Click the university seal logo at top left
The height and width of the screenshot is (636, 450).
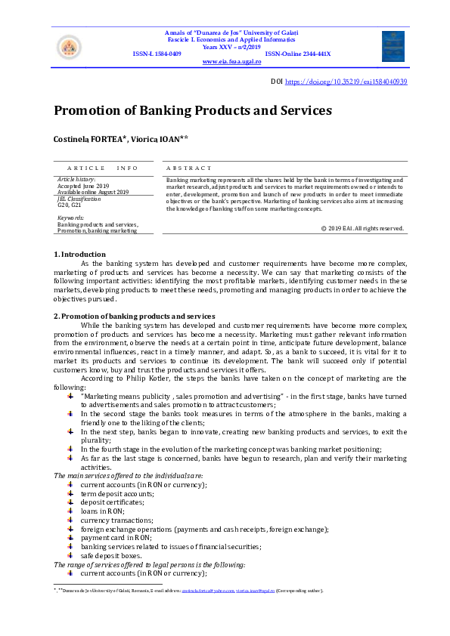[68, 48]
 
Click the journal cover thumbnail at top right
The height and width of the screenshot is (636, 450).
[393, 45]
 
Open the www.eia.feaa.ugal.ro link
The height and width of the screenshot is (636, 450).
[232, 62]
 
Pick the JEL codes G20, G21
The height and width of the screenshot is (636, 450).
[70, 204]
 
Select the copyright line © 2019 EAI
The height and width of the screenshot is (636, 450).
[362, 227]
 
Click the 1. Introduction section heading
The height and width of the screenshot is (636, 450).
[79, 255]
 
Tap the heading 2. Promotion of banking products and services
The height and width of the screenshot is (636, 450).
[134, 316]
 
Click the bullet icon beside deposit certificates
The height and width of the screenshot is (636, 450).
[70, 502]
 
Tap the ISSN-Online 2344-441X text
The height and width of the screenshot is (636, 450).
[297, 54]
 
